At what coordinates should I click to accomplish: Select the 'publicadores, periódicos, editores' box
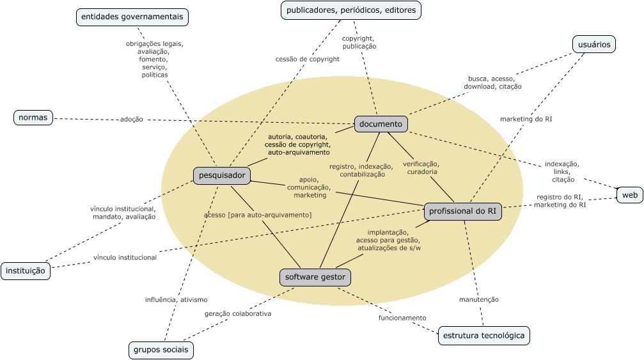click(351, 10)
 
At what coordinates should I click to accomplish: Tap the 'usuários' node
click(593, 44)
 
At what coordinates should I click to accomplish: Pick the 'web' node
click(630, 194)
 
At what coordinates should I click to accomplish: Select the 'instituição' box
click(25, 270)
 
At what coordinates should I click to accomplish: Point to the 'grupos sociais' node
click(160, 350)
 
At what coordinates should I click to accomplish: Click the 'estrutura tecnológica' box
click(483, 335)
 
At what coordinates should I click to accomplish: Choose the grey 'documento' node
click(381, 124)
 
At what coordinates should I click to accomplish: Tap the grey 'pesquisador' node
click(221, 175)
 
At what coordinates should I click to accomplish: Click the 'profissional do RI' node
click(462, 212)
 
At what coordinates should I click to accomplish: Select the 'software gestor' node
click(315, 277)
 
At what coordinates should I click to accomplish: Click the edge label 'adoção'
click(131, 119)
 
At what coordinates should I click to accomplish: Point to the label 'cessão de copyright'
click(307, 59)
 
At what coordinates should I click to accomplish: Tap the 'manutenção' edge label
click(478, 299)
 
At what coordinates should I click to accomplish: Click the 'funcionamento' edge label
click(402, 318)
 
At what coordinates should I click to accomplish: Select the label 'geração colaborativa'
click(238, 313)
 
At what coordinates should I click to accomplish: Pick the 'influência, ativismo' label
click(176, 299)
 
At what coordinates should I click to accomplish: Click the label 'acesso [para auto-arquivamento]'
click(258, 215)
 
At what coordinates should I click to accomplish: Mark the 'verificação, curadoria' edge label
click(421, 168)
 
